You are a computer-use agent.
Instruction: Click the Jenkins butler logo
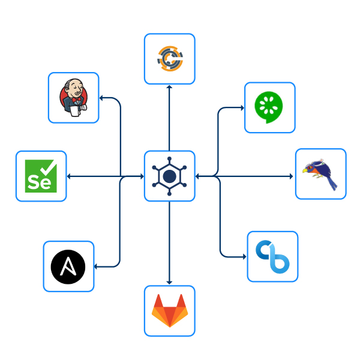pos(73,98)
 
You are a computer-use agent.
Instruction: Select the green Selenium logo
pos(41,176)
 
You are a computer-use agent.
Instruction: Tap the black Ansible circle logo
pos(68,266)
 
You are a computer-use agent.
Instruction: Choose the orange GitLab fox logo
pos(169,310)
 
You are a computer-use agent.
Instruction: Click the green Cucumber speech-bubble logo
pos(269,107)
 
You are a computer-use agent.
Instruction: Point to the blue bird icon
pos(320,174)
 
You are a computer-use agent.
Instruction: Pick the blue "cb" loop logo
pos(272,256)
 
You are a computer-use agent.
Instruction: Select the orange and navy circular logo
pos(169,58)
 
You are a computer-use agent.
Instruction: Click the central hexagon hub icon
pos(170,176)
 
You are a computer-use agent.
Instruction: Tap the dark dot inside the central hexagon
pos(170,176)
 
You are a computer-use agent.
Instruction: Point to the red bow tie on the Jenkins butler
pos(76,100)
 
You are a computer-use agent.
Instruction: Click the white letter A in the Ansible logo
pos(68,266)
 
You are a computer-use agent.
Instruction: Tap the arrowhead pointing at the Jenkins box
pos(101,97)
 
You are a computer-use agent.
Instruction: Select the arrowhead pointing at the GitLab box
pos(170,283)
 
